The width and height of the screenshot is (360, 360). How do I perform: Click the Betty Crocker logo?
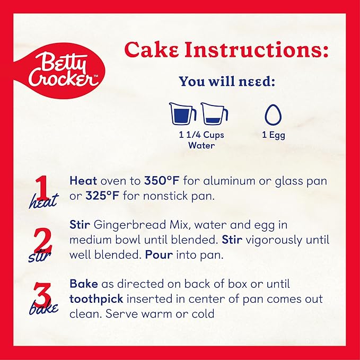60,71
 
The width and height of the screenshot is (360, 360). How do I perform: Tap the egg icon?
273,115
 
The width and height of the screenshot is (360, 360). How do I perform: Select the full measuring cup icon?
182,114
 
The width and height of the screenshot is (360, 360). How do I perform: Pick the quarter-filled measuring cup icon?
214,114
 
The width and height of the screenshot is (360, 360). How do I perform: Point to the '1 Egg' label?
274,135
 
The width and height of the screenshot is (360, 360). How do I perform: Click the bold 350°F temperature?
162,181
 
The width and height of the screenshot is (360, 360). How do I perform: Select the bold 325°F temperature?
102,196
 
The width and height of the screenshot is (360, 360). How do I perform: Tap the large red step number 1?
42,188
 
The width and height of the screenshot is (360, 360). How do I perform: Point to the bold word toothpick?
96,299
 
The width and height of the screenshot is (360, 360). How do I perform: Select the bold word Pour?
159,255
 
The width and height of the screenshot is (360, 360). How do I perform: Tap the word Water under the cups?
201,145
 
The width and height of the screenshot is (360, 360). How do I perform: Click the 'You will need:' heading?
227,82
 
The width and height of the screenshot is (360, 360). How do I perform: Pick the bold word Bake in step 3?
84,284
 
